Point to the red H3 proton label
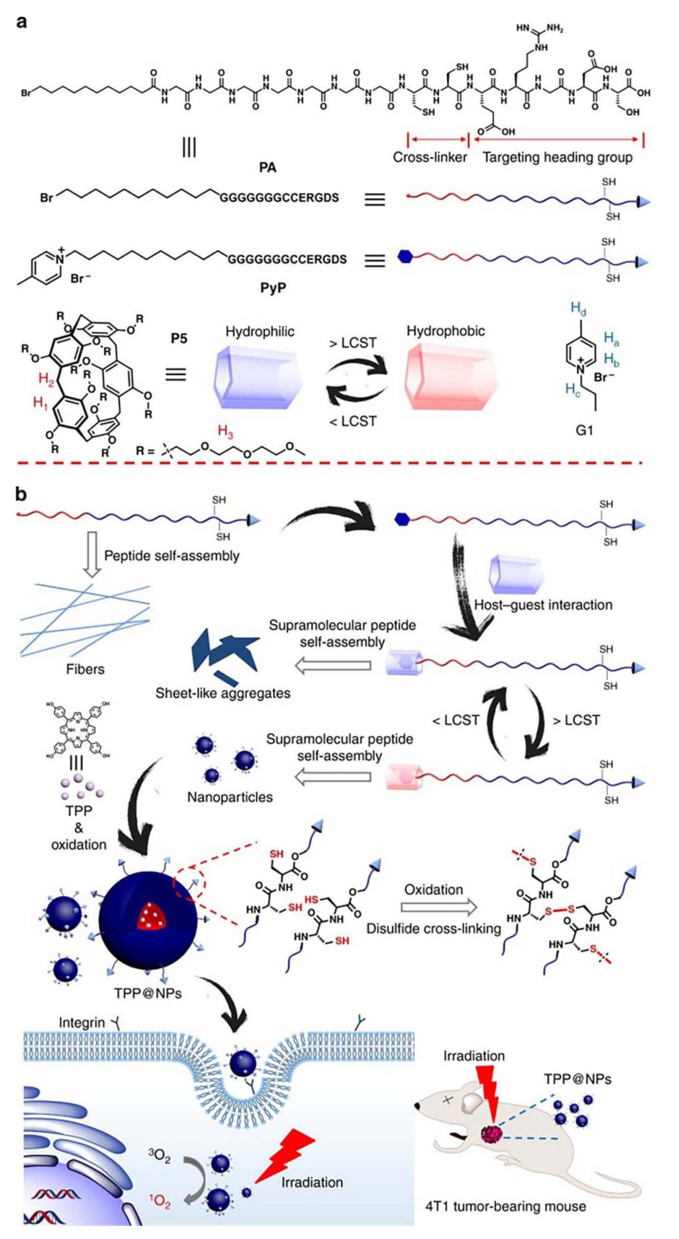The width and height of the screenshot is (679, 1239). [225, 431]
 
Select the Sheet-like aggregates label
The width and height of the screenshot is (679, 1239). [223, 693]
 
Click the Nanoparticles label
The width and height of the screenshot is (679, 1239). [230, 797]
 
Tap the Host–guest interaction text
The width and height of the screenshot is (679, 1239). [543, 605]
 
